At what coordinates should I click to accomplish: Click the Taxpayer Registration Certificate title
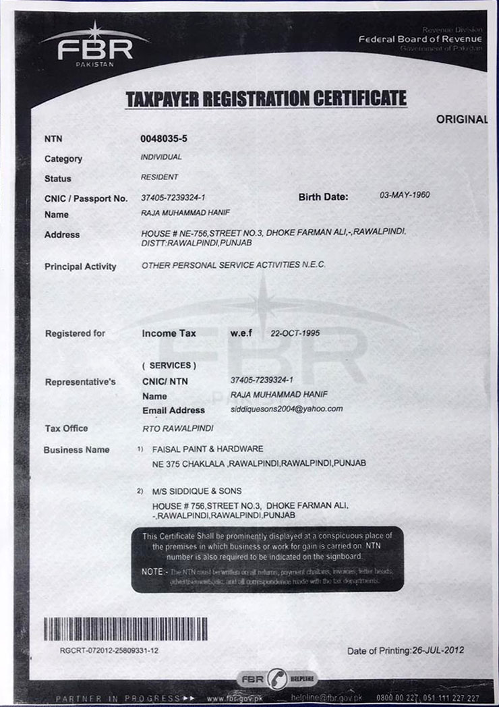(x=266, y=98)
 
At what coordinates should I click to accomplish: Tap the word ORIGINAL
(x=461, y=119)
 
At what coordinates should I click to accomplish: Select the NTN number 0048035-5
(x=164, y=138)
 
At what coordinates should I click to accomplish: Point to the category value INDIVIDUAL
(x=161, y=157)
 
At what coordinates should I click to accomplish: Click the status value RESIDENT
(x=159, y=177)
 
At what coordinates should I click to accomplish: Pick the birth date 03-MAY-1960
(x=405, y=195)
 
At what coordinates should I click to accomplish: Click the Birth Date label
(x=324, y=197)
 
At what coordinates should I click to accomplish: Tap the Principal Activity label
(x=80, y=266)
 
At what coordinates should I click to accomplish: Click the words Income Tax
(x=169, y=333)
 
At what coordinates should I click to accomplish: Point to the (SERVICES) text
(x=169, y=366)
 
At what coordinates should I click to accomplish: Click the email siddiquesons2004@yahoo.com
(x=287, y=409)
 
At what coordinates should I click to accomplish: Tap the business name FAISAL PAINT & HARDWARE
(x=208, y=449)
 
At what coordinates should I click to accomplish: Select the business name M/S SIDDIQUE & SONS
(x=196, y=491)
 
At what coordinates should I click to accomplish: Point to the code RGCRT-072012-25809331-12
(x=109, y=650)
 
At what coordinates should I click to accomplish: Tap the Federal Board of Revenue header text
(x=420, y=39)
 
